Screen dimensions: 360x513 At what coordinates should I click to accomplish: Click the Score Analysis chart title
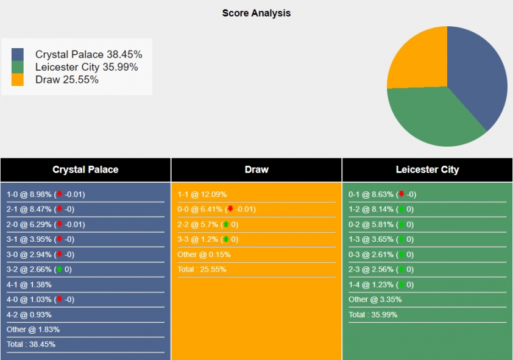pyautogui.click(x=256, y=13)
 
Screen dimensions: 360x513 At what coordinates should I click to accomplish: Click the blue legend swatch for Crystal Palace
pyautogui.click(x=18, y=54)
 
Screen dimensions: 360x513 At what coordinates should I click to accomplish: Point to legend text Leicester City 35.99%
pyautogui.click(x=87, y=67)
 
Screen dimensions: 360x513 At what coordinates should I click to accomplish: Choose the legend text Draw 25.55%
pyautogui.click(x=67, y=80)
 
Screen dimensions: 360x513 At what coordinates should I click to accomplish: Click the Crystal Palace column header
pyautogui.click(x=85, y=170)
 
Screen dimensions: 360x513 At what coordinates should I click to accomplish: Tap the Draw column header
pyautogui.click(x=256, y=170)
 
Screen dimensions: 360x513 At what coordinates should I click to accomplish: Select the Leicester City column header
pyautogui.click(x=427, y=170)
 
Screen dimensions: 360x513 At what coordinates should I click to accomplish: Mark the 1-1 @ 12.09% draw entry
pyautogui.click(x=202, y=194)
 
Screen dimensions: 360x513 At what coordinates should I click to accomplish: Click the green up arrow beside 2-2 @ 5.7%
pyautogui.click(x=225, y=224)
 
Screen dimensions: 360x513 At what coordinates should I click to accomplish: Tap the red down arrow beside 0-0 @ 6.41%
pyautogui.click(x=230, y=209)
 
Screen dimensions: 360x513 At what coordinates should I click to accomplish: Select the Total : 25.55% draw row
pyautogui.click(x=202, y=269)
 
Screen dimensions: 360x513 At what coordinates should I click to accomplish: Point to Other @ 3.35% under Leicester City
pyautogui.click(x=375, y=299)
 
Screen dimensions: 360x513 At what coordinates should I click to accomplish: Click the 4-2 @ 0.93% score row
pyautogui.click(x=29, y=314)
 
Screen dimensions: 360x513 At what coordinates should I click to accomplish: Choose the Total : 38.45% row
pyautogui.click(x=31, y=344)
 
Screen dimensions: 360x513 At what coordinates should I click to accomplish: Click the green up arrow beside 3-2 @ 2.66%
pyautogui.click(x=59, y=269)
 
